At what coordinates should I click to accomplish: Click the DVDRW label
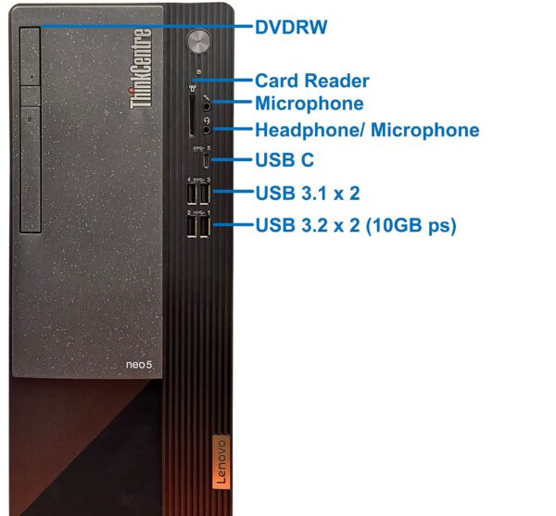[x=291, y=27]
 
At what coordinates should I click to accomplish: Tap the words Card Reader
[x=312, y=81]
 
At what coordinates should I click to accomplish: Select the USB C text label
[x=284, y=160]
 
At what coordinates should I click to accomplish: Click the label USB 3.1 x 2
[x=308, y=193]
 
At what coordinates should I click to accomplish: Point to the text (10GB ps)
[x=411, y=226]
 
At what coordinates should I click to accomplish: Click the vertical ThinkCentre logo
[x=141, y=69]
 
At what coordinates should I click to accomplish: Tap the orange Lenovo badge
[x=221, y=461]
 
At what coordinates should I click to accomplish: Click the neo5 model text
[x=139, y=364]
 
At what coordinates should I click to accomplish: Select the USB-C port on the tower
[x=206, y=161]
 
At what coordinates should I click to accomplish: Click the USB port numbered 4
[x=192, y=194]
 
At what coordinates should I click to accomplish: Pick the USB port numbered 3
[x=205, y=194]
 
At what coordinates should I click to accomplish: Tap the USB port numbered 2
[x=192, y=226]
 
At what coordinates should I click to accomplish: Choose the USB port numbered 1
[x=205, y=226]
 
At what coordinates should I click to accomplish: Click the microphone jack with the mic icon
[x=207, y=106]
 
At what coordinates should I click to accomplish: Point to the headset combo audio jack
[x=207, y=130]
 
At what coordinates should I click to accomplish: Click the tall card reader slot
[x=192, y=115]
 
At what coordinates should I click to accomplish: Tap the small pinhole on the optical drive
[x=32, y=77]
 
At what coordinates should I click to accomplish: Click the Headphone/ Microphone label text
[x=367, y=130]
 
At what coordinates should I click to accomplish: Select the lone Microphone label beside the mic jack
[x=310, y=104]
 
